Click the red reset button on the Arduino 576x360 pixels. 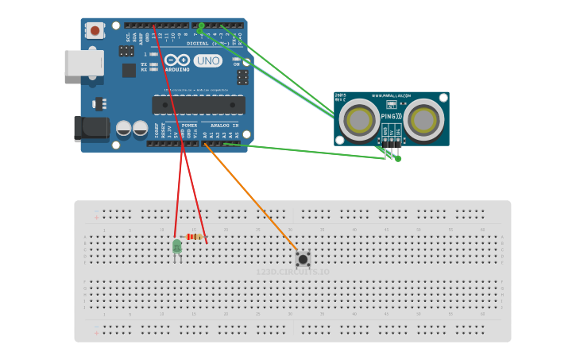point(95,31)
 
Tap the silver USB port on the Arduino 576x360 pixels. point(83,63)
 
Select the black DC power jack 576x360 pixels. point(91,129)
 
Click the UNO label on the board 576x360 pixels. point(208,60)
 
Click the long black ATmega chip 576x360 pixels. point(199,105)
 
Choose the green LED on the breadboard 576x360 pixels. point(177,247)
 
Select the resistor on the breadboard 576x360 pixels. point(195,236)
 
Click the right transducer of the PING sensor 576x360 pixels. point(423,120)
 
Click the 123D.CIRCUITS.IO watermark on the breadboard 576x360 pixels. point(292,272)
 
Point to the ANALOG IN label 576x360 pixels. point(223,126)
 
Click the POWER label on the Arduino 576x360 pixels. point(189,126)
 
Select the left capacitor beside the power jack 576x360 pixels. point(123,128)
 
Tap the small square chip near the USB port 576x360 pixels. point(129,70)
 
